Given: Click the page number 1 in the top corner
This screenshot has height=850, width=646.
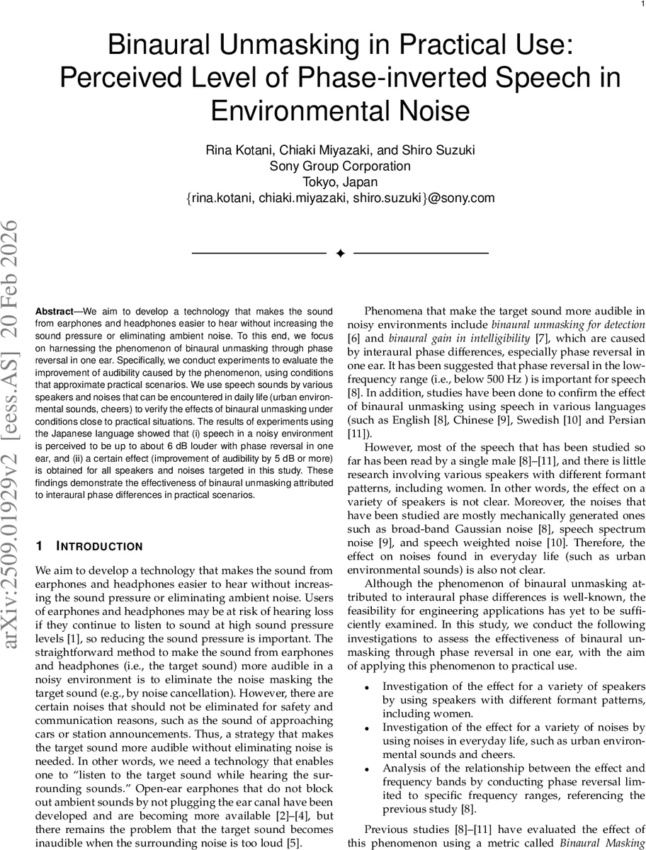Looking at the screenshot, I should coord(640,5).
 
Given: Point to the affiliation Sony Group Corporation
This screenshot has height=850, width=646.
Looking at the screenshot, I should coord(340,166).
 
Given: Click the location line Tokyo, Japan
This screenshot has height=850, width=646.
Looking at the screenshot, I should coord(340,182).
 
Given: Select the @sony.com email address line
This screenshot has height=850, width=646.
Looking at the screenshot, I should coord(340,198).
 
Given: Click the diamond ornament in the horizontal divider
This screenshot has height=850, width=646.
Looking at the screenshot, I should coord(340,253).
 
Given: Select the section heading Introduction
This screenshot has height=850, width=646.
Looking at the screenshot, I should coord(98,526).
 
